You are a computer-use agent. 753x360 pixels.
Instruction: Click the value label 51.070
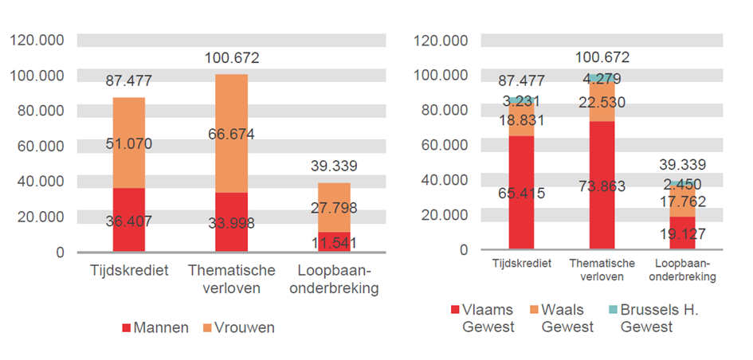tap(128, 144)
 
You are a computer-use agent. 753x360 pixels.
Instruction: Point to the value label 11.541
tap(333, 241)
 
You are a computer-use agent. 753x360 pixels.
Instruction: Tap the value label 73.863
tap(602, 186)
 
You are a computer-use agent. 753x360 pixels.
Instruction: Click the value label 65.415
tap(521, 192)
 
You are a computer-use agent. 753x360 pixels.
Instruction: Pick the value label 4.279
tap(602, 79)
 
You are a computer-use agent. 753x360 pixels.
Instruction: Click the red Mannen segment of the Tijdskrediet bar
tap(128, 221)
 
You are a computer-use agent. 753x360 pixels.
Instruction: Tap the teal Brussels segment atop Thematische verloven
tap(602, 79)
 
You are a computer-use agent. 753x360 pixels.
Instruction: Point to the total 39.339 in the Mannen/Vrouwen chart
tap(333, 166)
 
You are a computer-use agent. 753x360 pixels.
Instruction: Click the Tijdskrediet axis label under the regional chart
tap(521, 264)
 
